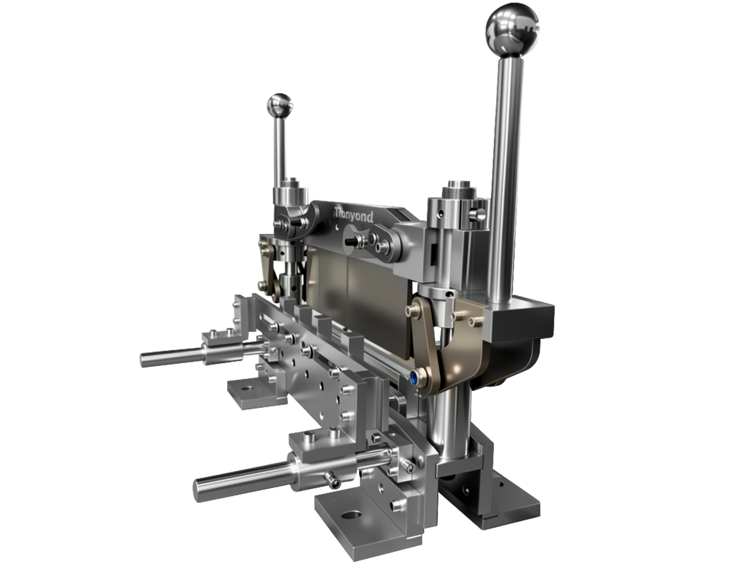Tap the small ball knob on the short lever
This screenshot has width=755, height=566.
pos(280,106)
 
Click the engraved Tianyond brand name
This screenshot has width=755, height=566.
pos(353,215)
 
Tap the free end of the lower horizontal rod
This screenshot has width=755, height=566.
pos(201,486)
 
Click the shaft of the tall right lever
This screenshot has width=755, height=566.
pos(504,177)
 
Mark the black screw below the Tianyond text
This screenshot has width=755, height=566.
pos(352,241)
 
